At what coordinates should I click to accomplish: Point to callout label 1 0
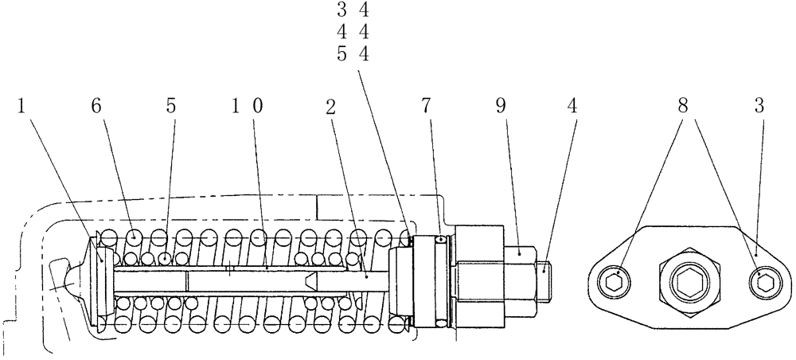click(x=246, y=105)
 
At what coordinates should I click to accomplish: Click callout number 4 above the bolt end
click(x=572, y=105)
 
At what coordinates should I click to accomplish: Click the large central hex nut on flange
click(x=689, y=280)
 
